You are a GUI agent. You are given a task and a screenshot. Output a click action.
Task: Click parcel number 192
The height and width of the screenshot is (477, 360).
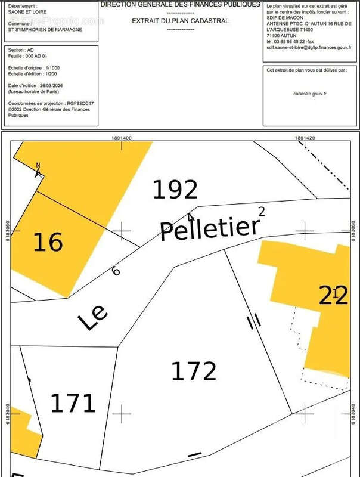pos(175,190)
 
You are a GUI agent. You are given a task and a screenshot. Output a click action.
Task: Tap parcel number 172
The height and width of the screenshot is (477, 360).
pos(193,371)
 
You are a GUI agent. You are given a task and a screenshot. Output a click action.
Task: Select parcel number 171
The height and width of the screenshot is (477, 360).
pos(72,404)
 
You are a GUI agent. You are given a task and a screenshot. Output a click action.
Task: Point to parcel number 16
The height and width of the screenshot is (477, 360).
pos(48,243)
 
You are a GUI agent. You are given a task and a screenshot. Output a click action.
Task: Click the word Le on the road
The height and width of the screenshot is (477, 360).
pos(93,318)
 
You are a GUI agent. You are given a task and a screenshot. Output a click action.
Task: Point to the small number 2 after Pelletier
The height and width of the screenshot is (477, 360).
pos(261,210)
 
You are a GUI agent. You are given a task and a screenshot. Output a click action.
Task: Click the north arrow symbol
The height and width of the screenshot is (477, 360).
pos(39,171)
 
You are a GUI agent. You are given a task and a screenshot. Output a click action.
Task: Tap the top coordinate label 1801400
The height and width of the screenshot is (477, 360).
pos(122,137)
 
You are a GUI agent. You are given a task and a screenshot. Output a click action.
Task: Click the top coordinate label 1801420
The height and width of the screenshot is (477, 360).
pos(305,137)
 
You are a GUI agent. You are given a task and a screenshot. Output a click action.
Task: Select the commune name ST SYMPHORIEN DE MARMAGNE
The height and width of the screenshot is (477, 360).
pos(45,29)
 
